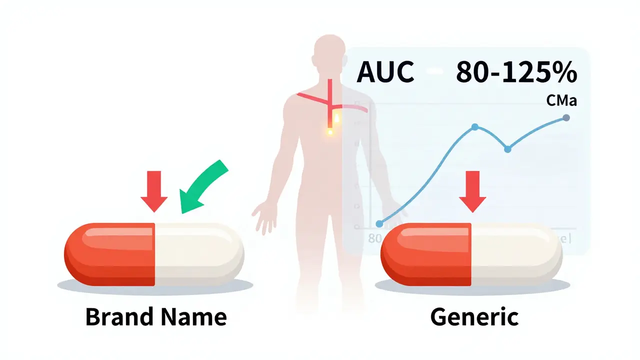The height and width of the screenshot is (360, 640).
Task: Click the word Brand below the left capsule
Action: pyautogui.click(x=115, y=317)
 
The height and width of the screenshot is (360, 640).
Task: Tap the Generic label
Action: pyautogui.click(x=474, y=317)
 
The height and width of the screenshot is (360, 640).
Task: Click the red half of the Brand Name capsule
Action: pyautogui.click(x=110, y=254)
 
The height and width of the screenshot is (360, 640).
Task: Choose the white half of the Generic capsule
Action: pyautogui.click(x=515, y=254)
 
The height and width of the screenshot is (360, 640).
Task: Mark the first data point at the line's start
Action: pyautogui.click(x=379, y=223)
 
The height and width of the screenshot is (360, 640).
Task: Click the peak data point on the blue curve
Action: pyautogui.click(x=474, y=126)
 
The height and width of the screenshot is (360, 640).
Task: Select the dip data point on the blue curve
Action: pyautogui.click(x=507, y=149)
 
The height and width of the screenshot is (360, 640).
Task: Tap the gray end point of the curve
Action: pyautogui.click(x=566, y=117)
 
